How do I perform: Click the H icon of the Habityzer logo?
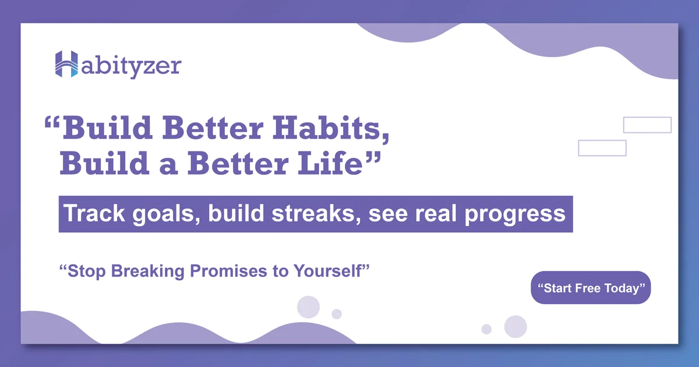tap(66, 64)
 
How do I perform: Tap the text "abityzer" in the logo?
tap(132, 67)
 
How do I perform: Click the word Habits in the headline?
tap(331, 128)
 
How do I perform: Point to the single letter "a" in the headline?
tap(168, 167)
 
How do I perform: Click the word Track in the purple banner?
tap(94, 213)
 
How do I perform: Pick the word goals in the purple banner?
tap(167, 214)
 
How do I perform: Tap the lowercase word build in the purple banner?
tap(236, 213)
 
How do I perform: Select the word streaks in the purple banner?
tap(316, 213)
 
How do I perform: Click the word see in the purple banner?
tap(388, 216)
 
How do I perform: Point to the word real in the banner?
tap(436, 213)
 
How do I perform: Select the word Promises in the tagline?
tap(228, 271)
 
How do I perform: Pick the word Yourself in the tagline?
tap(327, 271)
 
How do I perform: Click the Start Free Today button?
tap(591, 287)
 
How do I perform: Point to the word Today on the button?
tap(622, 289)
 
